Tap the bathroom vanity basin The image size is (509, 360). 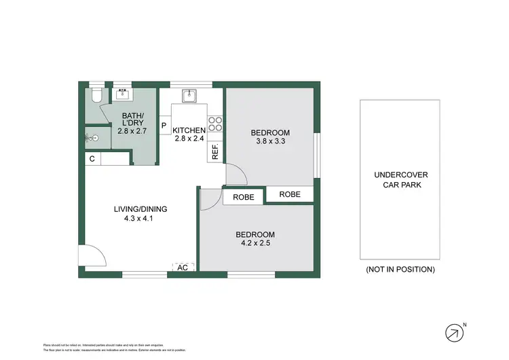[x=123, y=95]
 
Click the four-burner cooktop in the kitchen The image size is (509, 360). [x=216, y=124]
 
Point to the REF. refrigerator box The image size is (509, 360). [x=215, y=153]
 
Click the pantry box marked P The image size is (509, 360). [x=164, y=126]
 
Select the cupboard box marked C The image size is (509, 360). [x=92, y=158]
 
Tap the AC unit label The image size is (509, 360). [x=183, y=268]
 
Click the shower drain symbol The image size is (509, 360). [x=96, y=137]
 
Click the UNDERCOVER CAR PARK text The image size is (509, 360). [x=400, y=179]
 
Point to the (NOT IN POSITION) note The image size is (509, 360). [x=400, y=270]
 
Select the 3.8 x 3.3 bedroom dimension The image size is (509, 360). [x=270, y=142]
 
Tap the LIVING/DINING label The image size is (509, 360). [x=140, y=209]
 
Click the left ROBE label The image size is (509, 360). [x=244, y=197]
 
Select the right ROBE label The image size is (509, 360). [x=290, y=194]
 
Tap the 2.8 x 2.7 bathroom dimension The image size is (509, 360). [x=132, y=130]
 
